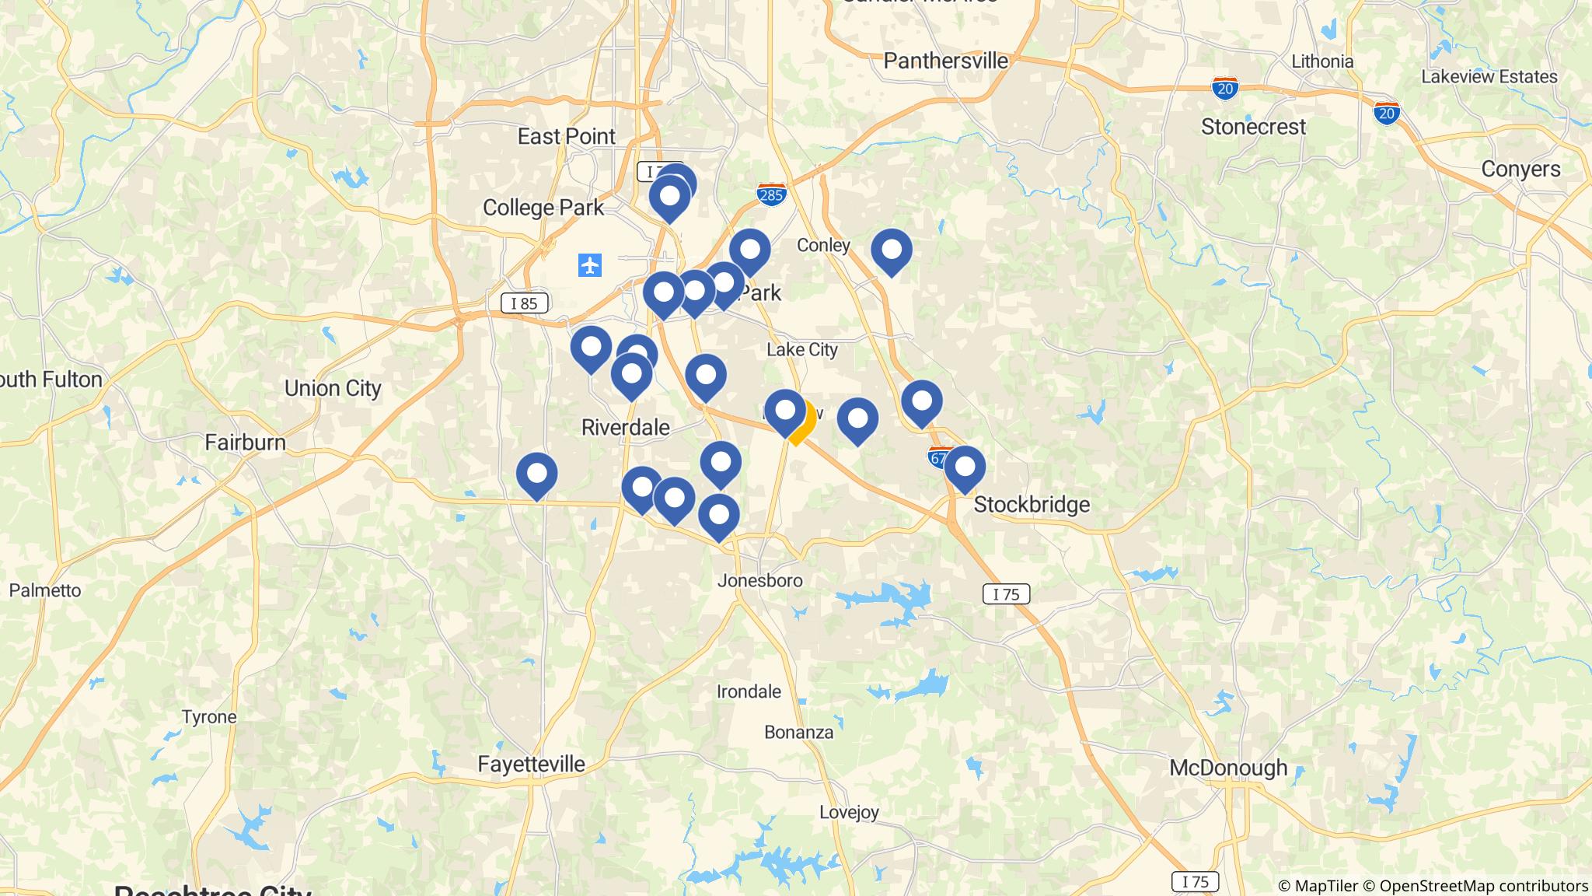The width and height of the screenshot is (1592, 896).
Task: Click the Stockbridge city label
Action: pos(1032,505)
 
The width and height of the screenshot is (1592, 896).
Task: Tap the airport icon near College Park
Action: pos(590,265)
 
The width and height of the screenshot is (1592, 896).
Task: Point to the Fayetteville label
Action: pos(531,764)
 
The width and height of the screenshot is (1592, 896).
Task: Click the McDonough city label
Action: pos(1228,768)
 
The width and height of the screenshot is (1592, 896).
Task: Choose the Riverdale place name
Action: pos(625,427)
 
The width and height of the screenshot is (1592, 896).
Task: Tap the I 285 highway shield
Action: pos(770,194)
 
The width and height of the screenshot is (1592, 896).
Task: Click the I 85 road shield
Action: pos(524,303)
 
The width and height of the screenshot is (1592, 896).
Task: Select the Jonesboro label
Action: pos(759,580)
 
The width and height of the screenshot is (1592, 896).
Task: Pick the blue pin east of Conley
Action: pos(891,250)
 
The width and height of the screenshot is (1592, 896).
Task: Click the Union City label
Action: pos(333,388)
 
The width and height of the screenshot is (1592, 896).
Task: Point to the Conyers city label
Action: pos(1520,169)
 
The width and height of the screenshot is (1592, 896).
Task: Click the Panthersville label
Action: pos(945,61)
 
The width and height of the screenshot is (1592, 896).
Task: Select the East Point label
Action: pos(566,136)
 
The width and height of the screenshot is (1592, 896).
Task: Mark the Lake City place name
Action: pos(801,350)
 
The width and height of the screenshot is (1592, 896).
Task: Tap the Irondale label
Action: pos(748,691)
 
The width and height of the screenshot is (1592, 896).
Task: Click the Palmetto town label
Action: pos(45,590)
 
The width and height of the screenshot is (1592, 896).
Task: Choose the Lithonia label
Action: pos(1321,61)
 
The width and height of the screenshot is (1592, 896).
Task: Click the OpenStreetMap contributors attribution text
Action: pos(1483,886)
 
